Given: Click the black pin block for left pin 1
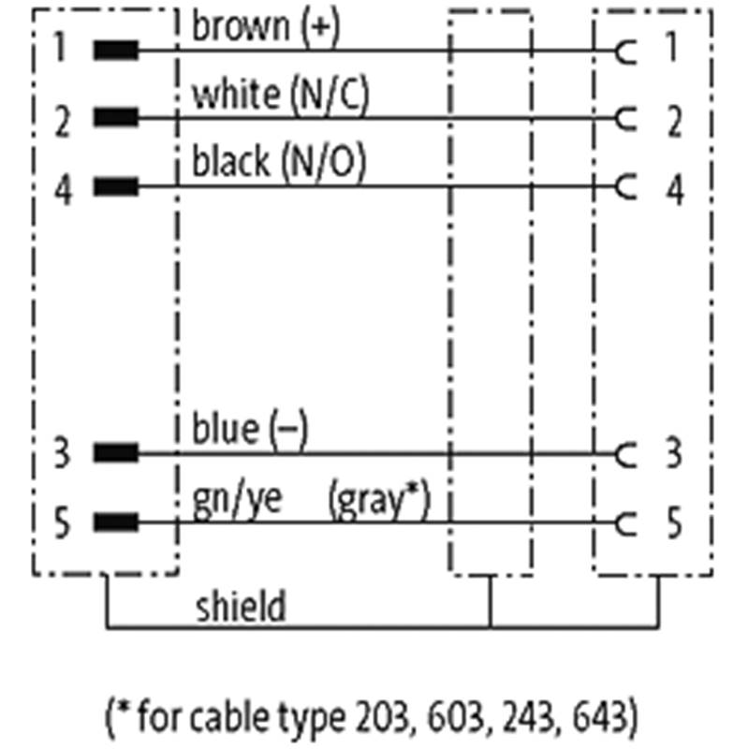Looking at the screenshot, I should coord(116,50).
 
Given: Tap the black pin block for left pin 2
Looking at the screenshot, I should coord(116,118).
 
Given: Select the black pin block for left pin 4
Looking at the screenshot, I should coord(116,187).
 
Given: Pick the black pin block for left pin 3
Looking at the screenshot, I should coord(116,455).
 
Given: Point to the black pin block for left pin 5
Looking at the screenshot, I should coord(116,522).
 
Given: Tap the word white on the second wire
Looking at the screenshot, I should coord(234,95).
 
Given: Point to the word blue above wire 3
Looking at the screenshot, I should coord(225,430).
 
